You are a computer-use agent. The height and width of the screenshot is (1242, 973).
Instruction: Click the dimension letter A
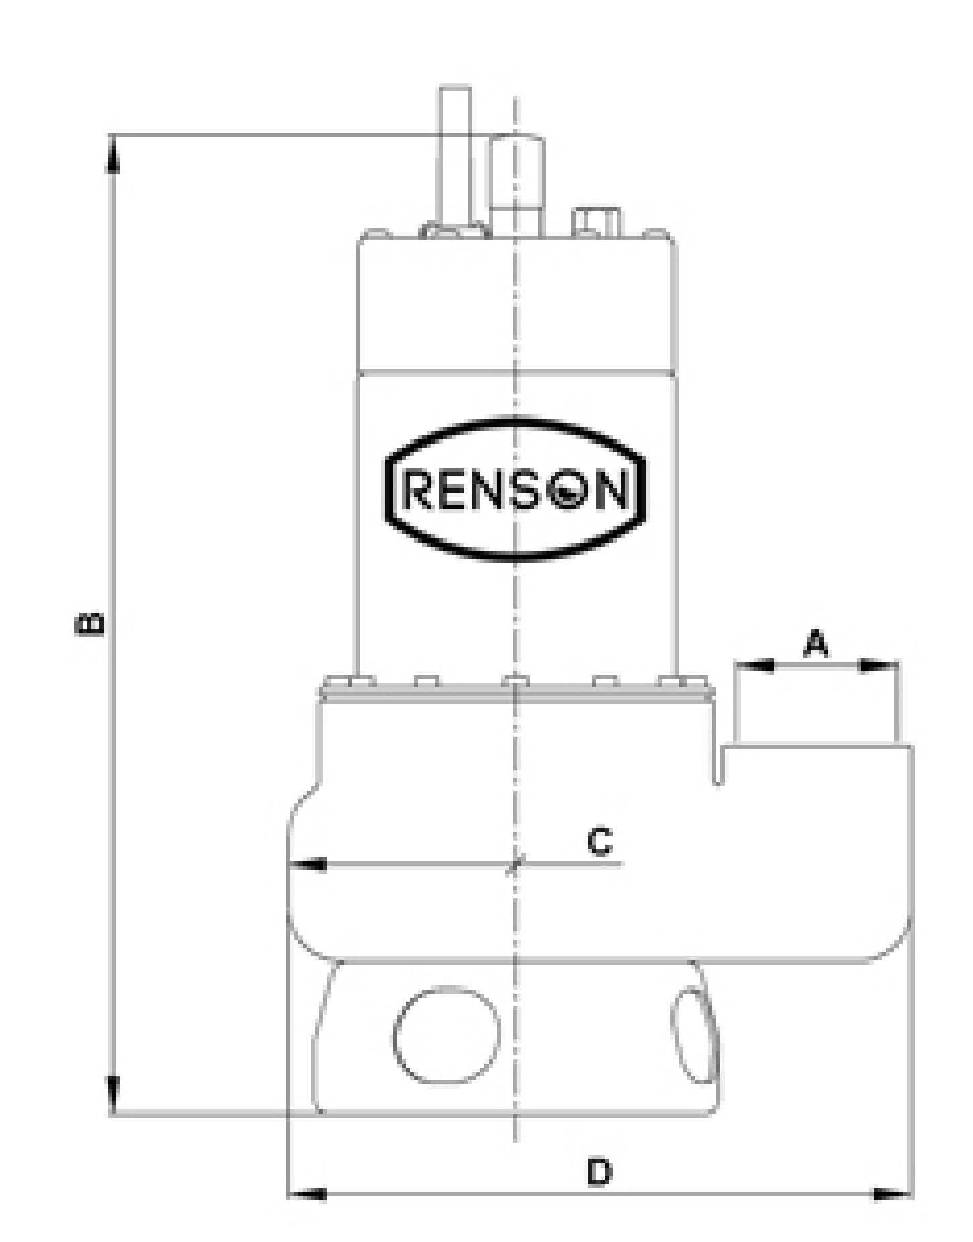pos(816,644)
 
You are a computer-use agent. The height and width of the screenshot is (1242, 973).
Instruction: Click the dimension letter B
pos(90,623)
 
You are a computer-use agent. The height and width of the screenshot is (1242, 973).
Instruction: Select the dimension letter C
pos(599,841)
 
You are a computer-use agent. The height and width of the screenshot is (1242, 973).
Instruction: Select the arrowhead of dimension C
pos(307,864)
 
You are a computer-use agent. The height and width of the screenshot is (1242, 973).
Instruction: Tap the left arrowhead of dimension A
pos(755,666)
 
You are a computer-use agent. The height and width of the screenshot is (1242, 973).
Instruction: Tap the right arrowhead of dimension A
pos(878,666)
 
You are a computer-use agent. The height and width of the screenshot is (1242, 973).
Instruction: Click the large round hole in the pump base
pos(447,1034)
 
